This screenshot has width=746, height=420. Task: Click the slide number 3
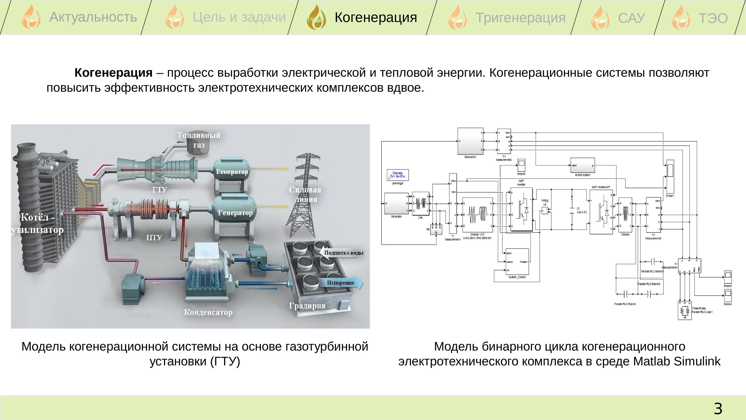click(718, 409)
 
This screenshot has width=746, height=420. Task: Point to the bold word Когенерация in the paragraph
click(113, 73)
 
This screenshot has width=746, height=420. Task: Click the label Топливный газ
click(199, 140)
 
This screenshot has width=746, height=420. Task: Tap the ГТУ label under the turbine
click(160, 190)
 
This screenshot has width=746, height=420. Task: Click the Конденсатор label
click(208, 312)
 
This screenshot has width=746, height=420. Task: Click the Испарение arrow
click(342, 283)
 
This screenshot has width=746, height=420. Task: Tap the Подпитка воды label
click(343, 253)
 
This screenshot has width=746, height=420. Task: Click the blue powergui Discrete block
click(398, 175)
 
